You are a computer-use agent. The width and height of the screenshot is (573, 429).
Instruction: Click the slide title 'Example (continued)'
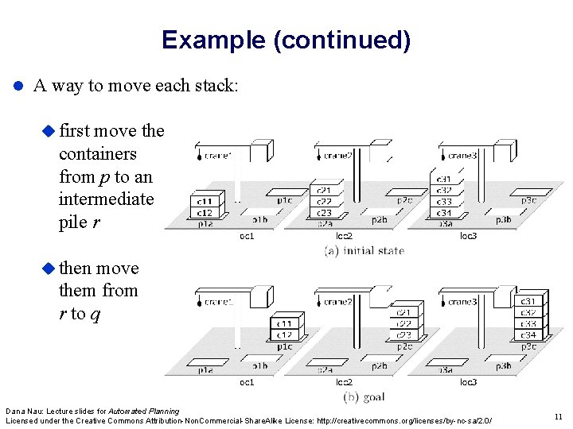coord(286,40)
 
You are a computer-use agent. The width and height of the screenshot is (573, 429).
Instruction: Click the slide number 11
coord(556,415)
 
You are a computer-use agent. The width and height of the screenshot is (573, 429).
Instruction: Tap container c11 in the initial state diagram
coord(205,203)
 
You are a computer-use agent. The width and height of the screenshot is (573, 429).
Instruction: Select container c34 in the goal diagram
coord(528,334)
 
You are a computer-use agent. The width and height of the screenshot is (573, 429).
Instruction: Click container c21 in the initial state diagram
coord(324,191)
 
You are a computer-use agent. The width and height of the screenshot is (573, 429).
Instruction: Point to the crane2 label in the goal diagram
coord(338,302)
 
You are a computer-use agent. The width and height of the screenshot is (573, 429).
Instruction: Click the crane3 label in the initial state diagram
coord(462,156)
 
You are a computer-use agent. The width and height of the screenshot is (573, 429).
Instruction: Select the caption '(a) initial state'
coord(364,250)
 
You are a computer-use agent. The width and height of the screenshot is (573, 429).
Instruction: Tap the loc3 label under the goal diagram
coord(468,382)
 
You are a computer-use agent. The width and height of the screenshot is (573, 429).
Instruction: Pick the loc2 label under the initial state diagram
coord(344,236)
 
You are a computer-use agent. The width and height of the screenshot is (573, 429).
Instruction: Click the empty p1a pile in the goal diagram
coord(205,369)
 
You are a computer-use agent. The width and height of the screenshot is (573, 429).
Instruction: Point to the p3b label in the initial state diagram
coord(503,220)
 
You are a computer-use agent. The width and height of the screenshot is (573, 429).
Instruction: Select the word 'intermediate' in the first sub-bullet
coord(106,199)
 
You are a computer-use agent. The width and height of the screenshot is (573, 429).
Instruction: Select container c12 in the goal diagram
coord(284,334)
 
